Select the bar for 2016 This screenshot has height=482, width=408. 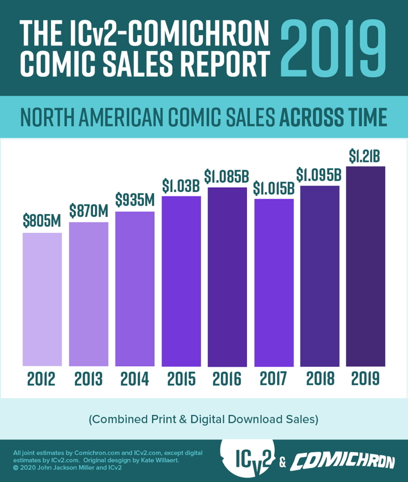(x=227, y=276)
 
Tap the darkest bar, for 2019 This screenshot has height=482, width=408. (x=366, y=266)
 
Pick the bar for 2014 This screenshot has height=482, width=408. (x=135, y=288)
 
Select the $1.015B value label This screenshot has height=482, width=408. (x=274, y=188)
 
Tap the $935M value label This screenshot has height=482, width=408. (x=135, y=200)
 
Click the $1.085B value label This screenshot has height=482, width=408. (x=227, y=176)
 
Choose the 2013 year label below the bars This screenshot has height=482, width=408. (x=88, y=379)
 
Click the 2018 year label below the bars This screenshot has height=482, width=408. (x=320, y=379)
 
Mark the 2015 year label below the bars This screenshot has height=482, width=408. (x=181, y=379)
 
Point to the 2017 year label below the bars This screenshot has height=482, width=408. (x=274, y=379)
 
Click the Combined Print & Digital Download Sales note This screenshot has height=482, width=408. (x=203, y=420)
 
